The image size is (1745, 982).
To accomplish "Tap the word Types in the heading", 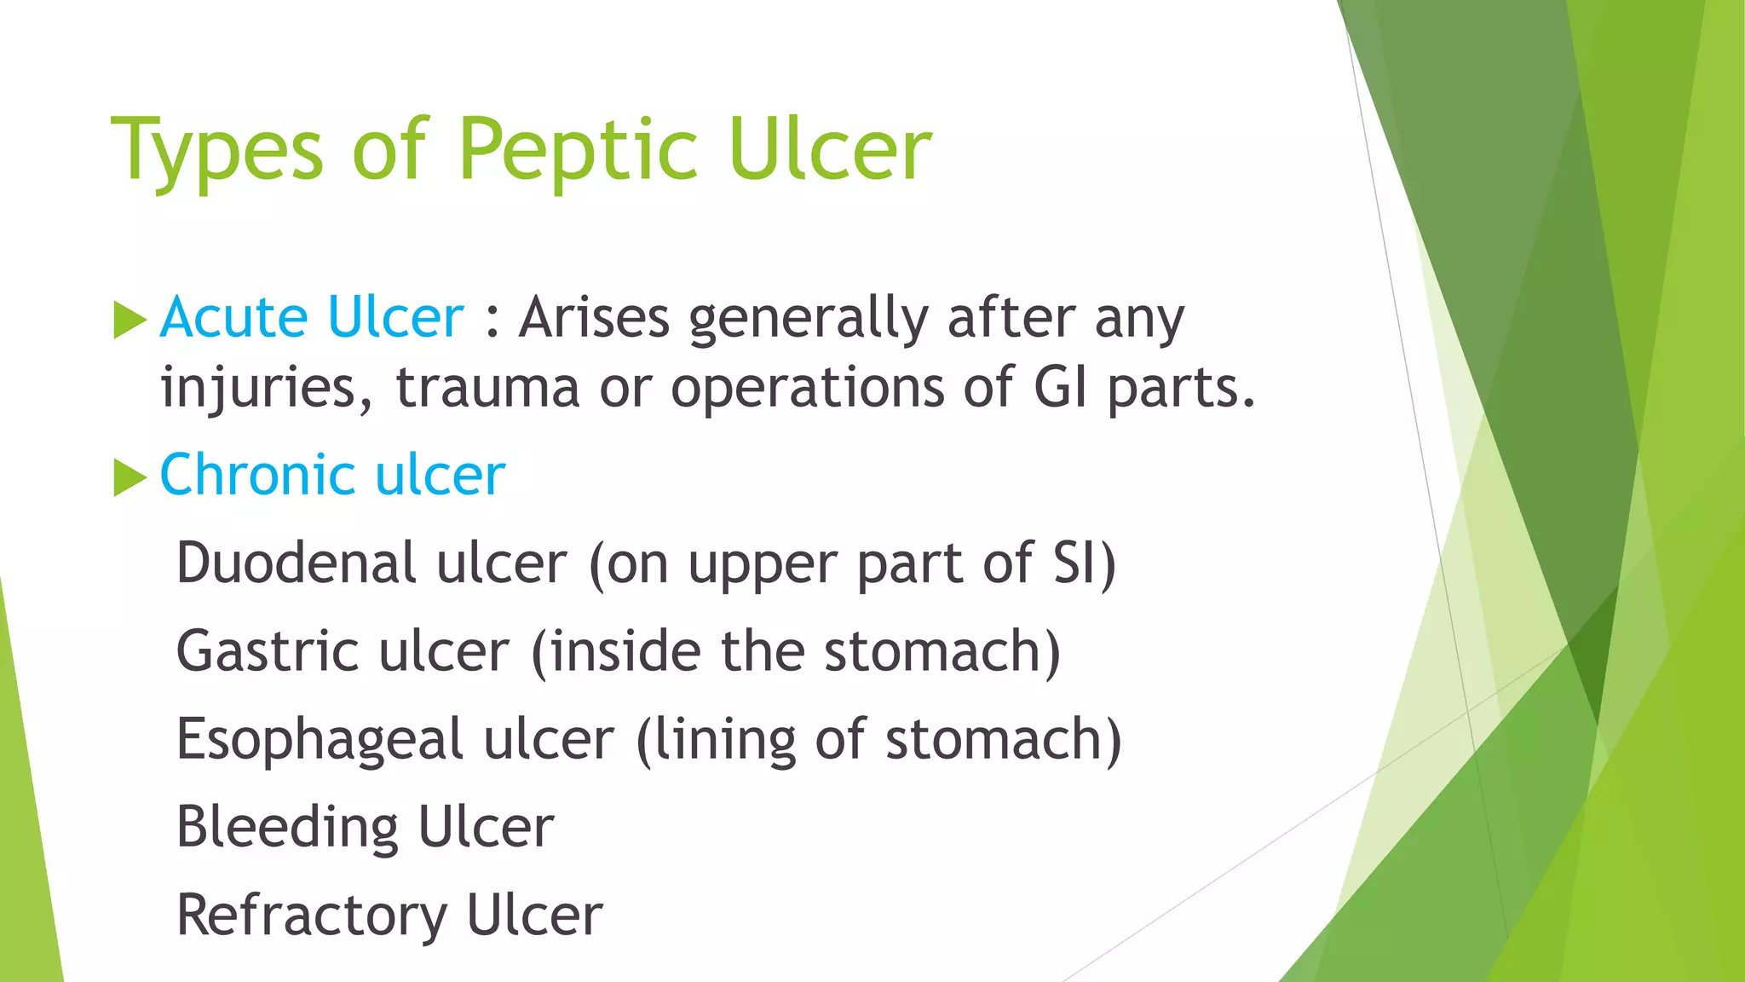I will (217, 151).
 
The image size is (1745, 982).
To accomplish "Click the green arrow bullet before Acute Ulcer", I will (130, 320).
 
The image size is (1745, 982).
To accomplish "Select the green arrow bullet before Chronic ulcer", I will (130, 477).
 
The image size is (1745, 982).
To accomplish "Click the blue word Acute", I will (234, 317).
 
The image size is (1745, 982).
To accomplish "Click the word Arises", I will (595, 317).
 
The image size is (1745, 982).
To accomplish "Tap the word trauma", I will (487, 388).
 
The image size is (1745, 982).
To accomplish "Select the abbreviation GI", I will (1060, 388).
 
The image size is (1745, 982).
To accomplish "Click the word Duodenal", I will (296, 563).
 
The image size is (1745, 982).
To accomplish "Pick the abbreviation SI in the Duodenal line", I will (1075, 563).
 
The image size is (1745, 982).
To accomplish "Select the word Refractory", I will (312, 916).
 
